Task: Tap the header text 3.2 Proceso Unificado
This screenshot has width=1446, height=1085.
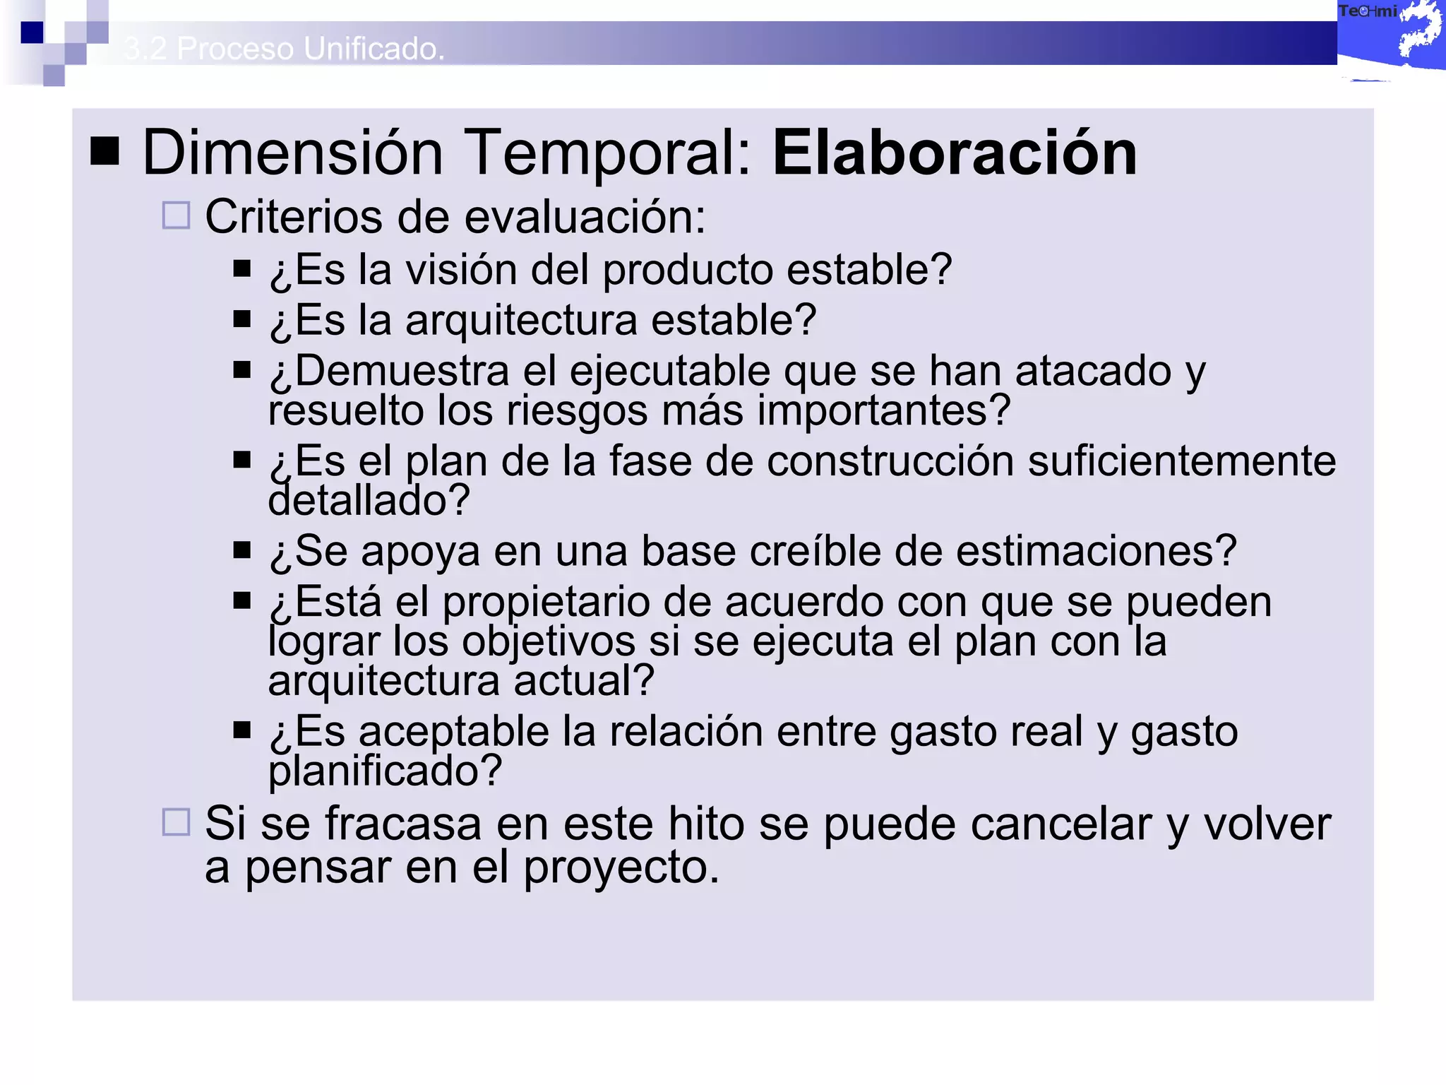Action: (x=284, y=49)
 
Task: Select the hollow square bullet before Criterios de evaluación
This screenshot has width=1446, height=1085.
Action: (x=176, y=215)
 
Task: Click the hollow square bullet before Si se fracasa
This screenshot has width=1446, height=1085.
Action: (x=176, y=822)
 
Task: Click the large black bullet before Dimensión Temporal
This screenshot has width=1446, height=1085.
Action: (x=105, y=150)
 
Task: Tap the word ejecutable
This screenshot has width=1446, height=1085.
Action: (x=669, y=372)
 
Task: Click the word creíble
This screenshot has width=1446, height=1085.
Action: (x=815, y=551)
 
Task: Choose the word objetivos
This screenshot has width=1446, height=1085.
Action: (x=549, y=642)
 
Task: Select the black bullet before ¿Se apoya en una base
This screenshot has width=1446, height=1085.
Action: (x=242, y=550)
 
